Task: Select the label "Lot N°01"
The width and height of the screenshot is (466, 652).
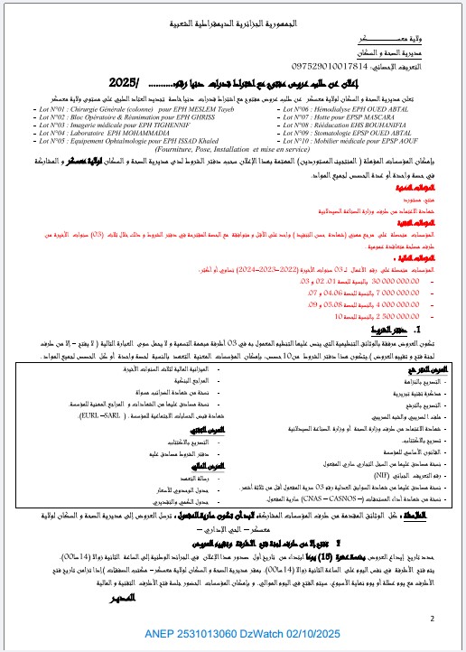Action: click(x=49, y=107)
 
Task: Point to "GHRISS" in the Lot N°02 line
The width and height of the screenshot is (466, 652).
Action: click(x=204, y=116)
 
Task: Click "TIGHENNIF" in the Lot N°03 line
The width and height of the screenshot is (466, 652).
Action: click(x=194, y=124)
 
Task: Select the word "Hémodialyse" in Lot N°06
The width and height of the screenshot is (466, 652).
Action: click(x=340, y=107)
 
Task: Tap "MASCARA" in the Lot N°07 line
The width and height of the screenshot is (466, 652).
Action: click(x=397, y=116)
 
